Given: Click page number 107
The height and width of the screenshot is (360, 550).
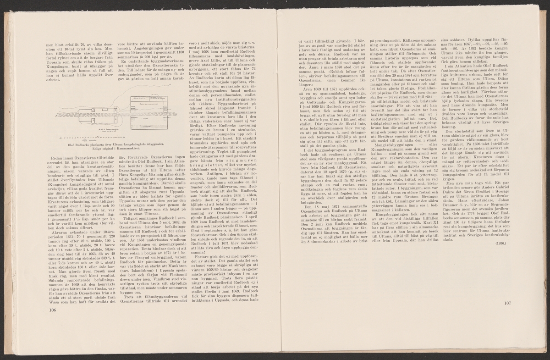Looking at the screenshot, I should pyautogui.click(x=506, y=303).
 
